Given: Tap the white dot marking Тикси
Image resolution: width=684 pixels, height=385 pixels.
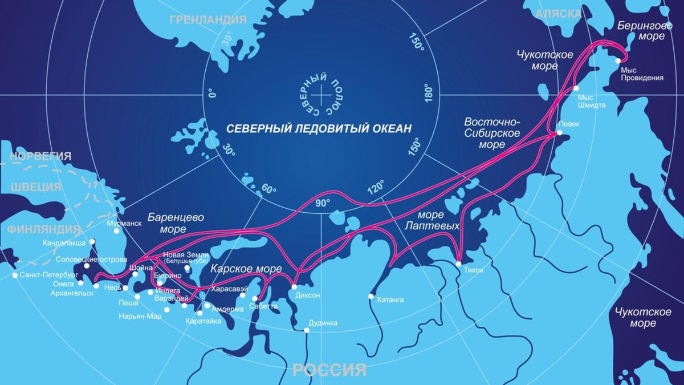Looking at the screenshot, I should (459, 264).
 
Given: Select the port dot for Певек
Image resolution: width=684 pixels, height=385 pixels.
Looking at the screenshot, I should (559, 133).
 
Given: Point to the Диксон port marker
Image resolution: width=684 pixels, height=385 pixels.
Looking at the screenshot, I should (294, 287).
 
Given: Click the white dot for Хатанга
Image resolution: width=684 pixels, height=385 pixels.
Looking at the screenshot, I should (371, 296).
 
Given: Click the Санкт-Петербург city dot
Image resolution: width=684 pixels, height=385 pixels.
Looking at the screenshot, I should (15, 275).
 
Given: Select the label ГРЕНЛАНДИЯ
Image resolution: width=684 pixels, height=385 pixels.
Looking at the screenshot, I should (208, 20).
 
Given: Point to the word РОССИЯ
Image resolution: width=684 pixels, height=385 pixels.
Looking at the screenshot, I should (329, 371).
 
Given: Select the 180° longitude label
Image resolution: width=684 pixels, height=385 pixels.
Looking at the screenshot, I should (429, 94).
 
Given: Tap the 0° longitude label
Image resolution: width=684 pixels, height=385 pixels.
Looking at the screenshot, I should (212, 94).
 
